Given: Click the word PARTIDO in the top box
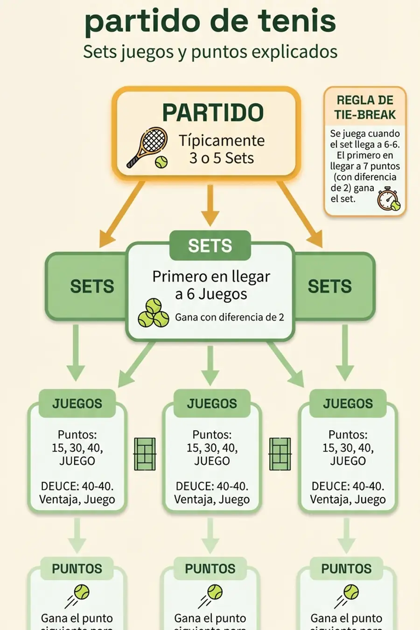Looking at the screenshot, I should point(213,112).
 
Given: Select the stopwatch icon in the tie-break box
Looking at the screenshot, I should point(388,199).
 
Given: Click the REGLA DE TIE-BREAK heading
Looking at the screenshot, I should point(365,107).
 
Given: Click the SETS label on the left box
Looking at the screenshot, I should point(92,287).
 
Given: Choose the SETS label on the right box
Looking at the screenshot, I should point(329,287).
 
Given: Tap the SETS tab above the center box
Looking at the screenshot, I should point(210,246).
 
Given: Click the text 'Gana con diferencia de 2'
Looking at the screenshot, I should point(229,317).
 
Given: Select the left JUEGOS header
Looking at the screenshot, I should point(77,404).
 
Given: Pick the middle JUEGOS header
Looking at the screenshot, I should point(212,404).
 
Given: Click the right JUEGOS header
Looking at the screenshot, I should point(348,404).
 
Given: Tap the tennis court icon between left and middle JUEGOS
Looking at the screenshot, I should point(145,454).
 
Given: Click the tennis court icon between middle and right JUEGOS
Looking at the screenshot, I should point(280,454).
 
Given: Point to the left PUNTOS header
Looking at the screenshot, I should point(77,569).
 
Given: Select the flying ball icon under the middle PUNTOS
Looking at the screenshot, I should point(211,595).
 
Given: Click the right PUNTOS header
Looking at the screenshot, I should point(346,569).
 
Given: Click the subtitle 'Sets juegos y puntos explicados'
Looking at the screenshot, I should point(210,51).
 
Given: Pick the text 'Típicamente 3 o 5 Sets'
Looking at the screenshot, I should point(222,149).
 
